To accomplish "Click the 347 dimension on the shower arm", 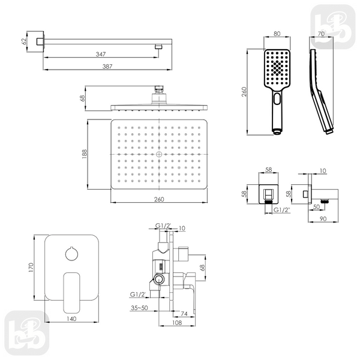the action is click(x=101, y=54).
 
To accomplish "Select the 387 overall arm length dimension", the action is click(x=107, y=67).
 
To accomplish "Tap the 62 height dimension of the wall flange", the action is click(x=24, y=41).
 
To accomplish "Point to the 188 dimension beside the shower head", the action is click(x=84, y=154).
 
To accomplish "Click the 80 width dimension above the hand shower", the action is click(x=277, y=34).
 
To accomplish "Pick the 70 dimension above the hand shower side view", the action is click(x=322, y=34).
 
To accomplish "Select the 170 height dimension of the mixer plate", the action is click(x=31, y=268).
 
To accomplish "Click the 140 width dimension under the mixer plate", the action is click(x=71, y=319).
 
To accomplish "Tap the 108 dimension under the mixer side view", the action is click(x=177, y=323).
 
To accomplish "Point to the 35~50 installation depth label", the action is click(x=139, y=308).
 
